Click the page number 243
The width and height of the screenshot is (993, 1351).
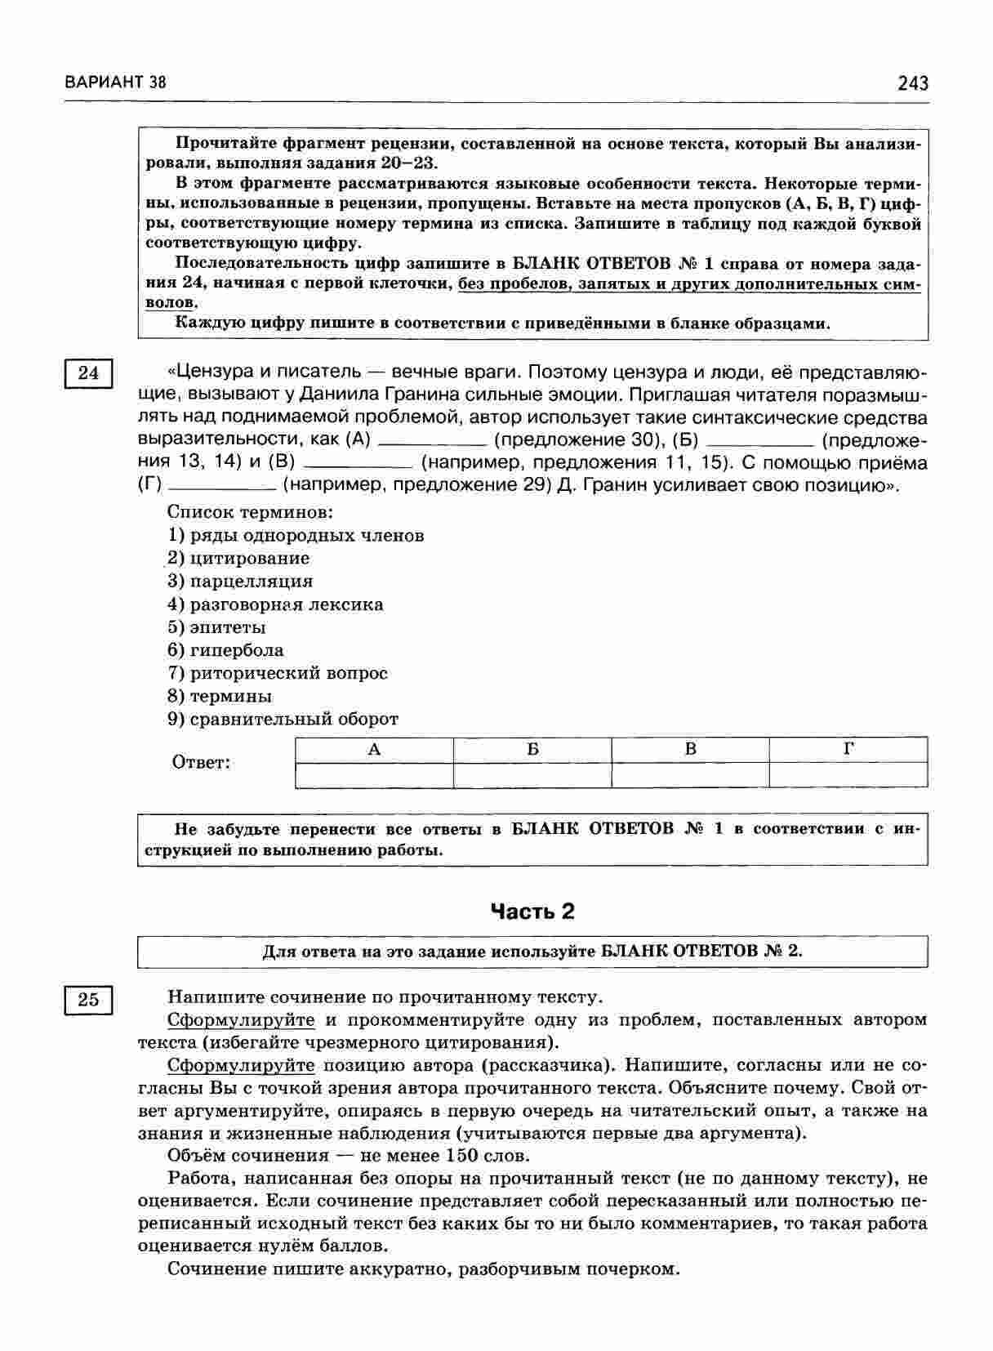(912, 82)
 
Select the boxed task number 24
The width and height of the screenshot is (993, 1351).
(88, 373)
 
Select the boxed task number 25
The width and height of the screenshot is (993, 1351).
(88, 999)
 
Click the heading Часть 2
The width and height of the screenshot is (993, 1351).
(532, 912)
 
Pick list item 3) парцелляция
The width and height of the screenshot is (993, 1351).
(240, 582)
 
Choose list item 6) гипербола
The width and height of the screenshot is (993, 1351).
(225, 650)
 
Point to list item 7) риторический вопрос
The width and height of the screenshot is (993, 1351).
(278, 673)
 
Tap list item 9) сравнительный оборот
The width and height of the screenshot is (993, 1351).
(283, 719)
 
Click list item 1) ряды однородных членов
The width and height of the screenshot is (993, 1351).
(296, 536)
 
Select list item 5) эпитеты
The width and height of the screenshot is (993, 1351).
(216, 627)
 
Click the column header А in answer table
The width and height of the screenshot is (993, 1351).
(374, 749)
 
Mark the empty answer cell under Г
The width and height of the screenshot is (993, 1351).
(848, 774)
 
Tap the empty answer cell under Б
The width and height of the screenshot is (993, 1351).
(532, 774)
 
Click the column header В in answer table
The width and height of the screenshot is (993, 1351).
(690, 749)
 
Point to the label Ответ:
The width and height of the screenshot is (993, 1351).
(201, 763)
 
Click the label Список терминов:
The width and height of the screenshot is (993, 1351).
(250, 512)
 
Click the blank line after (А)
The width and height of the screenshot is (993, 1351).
(433, 442)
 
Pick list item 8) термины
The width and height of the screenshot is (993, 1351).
(220, 696)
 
